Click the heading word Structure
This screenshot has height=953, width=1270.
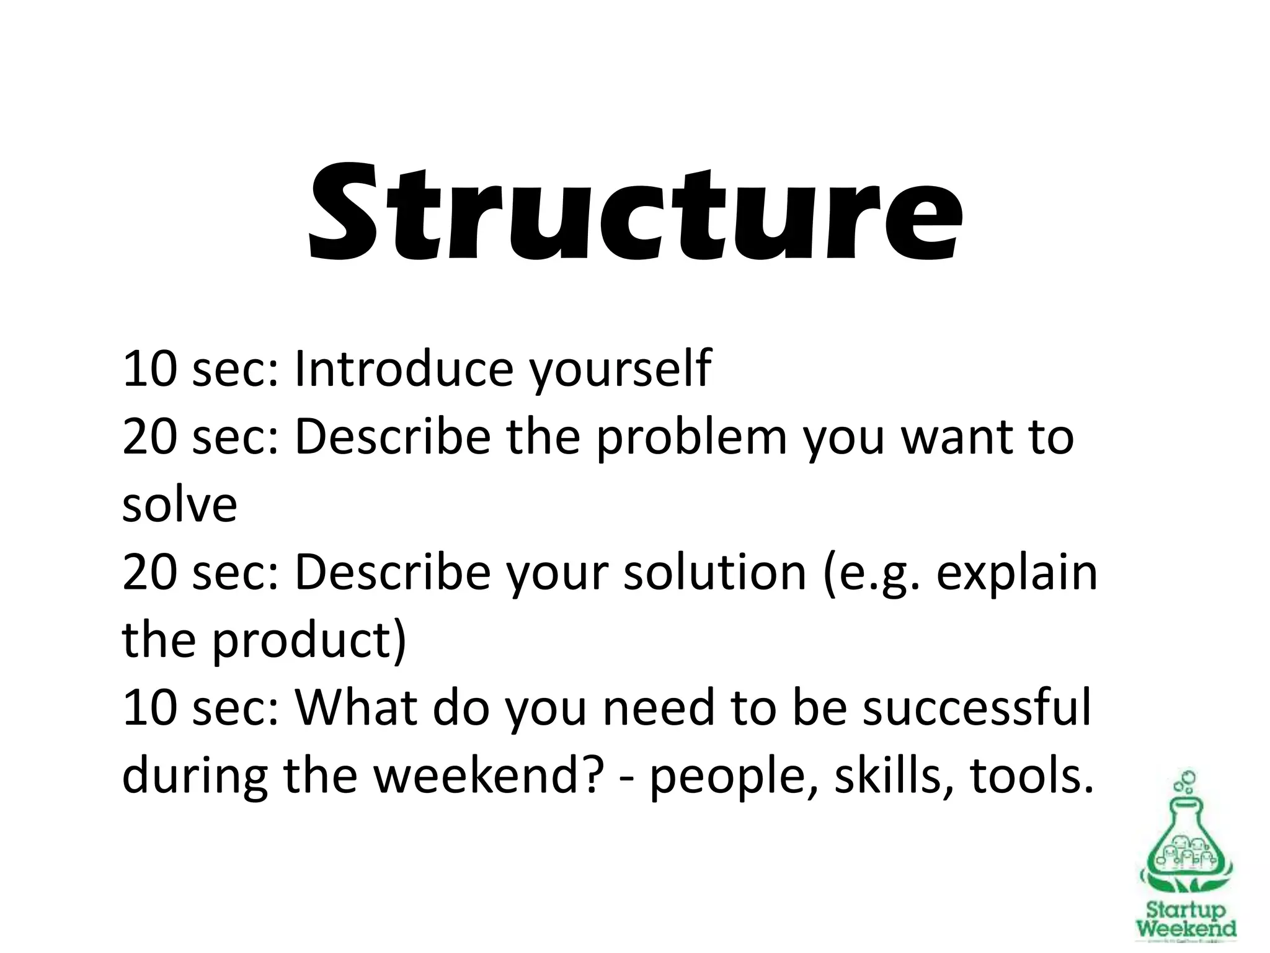(x=635, y=212)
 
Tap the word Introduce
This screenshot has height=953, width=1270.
(x=404, y=369)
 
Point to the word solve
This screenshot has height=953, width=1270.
(x=180, y=504)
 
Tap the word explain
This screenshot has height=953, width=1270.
(x=1016, y=574)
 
